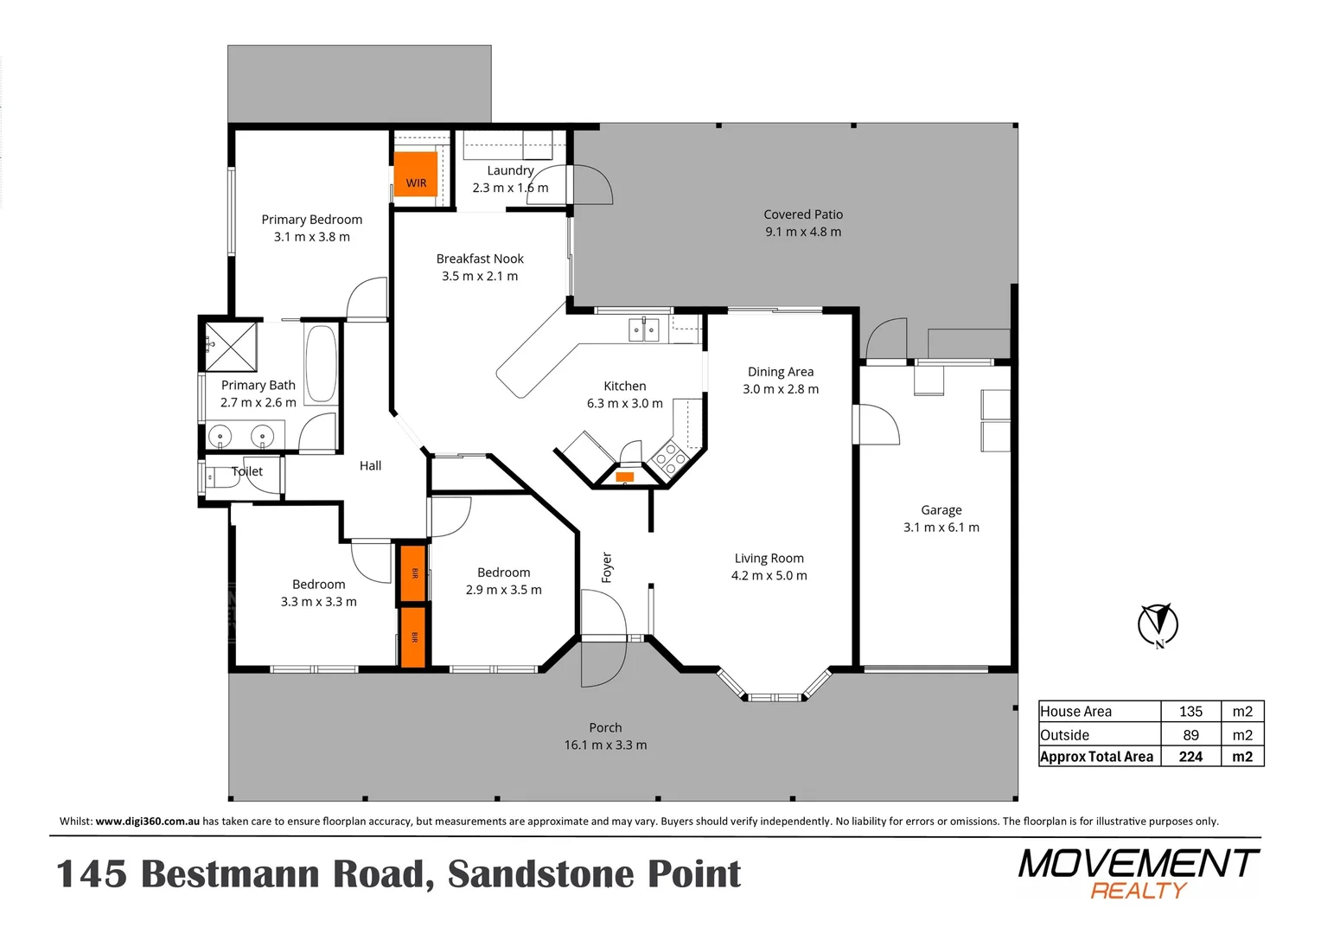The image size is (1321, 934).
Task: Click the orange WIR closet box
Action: [x=416, y=174]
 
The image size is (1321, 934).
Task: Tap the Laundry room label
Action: [x=510, y=171]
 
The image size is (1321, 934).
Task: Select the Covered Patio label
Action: [x=803, y=214]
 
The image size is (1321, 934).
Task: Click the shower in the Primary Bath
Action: [x=232, y=346]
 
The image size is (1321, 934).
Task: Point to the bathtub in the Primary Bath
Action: [x=321, y=364]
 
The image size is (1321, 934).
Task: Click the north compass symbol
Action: [x=1158, y=624]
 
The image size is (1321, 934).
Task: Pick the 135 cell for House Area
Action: [x=1190, y=712]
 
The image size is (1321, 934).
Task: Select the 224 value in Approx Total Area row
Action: [x=1190, y=757]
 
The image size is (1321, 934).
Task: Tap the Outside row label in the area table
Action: [x=1065, y=735]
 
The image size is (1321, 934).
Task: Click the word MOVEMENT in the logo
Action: [x=1138, y=863]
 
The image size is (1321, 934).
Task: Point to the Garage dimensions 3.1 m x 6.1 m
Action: [x=941, y=528]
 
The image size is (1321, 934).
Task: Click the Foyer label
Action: [x=607, y=567]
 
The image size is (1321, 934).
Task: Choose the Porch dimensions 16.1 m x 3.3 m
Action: [x=605, y=745]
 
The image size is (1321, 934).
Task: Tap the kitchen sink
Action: [x=643, y=329]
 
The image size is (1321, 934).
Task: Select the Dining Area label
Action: [x=781, y=372]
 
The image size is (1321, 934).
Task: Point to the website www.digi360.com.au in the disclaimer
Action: [x=148, y=822]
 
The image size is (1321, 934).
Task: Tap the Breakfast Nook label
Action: [x=480, y=259]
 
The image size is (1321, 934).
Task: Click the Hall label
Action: [x=370, y=466]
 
